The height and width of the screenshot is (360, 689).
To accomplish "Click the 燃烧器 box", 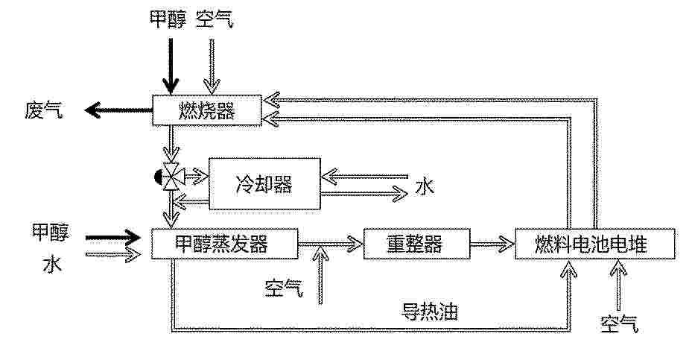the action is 207,110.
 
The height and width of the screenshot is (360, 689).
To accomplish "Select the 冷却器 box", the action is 264,184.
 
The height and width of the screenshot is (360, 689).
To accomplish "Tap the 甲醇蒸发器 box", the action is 224,244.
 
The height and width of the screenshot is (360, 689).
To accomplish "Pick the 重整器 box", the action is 417,244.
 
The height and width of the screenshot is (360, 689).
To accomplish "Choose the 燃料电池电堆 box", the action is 595,244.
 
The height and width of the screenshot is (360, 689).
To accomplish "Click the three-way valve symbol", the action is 170,177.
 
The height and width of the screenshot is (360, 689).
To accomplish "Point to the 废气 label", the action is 43,110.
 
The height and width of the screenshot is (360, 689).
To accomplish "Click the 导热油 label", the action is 430,312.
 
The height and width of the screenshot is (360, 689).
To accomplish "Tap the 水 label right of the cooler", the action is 425,186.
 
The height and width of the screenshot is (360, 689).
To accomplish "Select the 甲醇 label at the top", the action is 168,19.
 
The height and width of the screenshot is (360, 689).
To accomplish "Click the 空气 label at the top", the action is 214,19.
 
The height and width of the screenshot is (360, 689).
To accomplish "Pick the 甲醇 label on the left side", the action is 51,232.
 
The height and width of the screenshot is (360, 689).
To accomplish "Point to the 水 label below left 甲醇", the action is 52,264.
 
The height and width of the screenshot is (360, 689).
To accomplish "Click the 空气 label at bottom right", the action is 619,324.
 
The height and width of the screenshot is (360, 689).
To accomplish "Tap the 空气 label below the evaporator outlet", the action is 284,288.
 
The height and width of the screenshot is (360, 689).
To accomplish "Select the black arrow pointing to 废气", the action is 118,110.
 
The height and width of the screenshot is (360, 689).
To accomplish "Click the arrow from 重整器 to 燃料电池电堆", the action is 492,244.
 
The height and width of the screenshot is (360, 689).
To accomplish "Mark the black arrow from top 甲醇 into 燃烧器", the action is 171,66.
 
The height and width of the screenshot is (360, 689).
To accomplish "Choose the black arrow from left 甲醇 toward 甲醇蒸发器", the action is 113,238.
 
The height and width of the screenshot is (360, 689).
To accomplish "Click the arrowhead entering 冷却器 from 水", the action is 329,177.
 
